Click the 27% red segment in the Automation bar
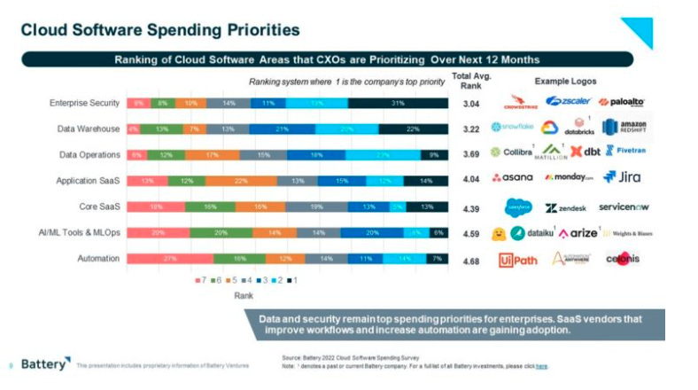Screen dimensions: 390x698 [170, 259]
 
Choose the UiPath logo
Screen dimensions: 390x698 [519, 259]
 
